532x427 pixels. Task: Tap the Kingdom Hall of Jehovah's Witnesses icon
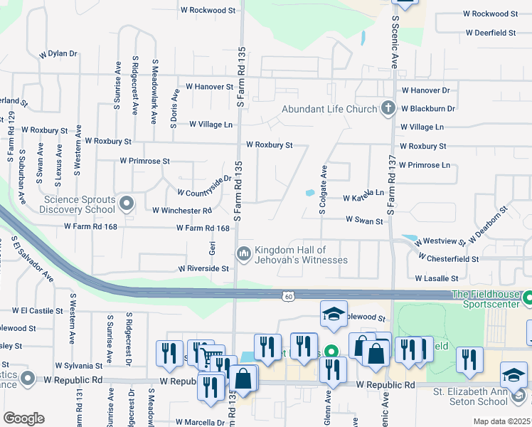coord(244,254)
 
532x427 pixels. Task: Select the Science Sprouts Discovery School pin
coord(127,204)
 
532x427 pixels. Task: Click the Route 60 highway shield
coord(287,295)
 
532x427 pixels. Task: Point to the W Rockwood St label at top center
coord(208,11)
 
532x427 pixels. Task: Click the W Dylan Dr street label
coord(58,54)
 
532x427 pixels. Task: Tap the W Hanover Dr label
coord(425,90)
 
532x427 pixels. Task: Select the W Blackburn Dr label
coord(427,109)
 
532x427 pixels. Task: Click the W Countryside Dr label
coord(204,187)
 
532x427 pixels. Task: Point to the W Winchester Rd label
coord(182,211)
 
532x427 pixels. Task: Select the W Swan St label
coord(364,221)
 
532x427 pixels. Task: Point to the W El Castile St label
coord(33,311)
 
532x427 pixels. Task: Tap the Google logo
coord(23,418)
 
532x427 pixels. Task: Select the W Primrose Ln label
coord(425,165)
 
